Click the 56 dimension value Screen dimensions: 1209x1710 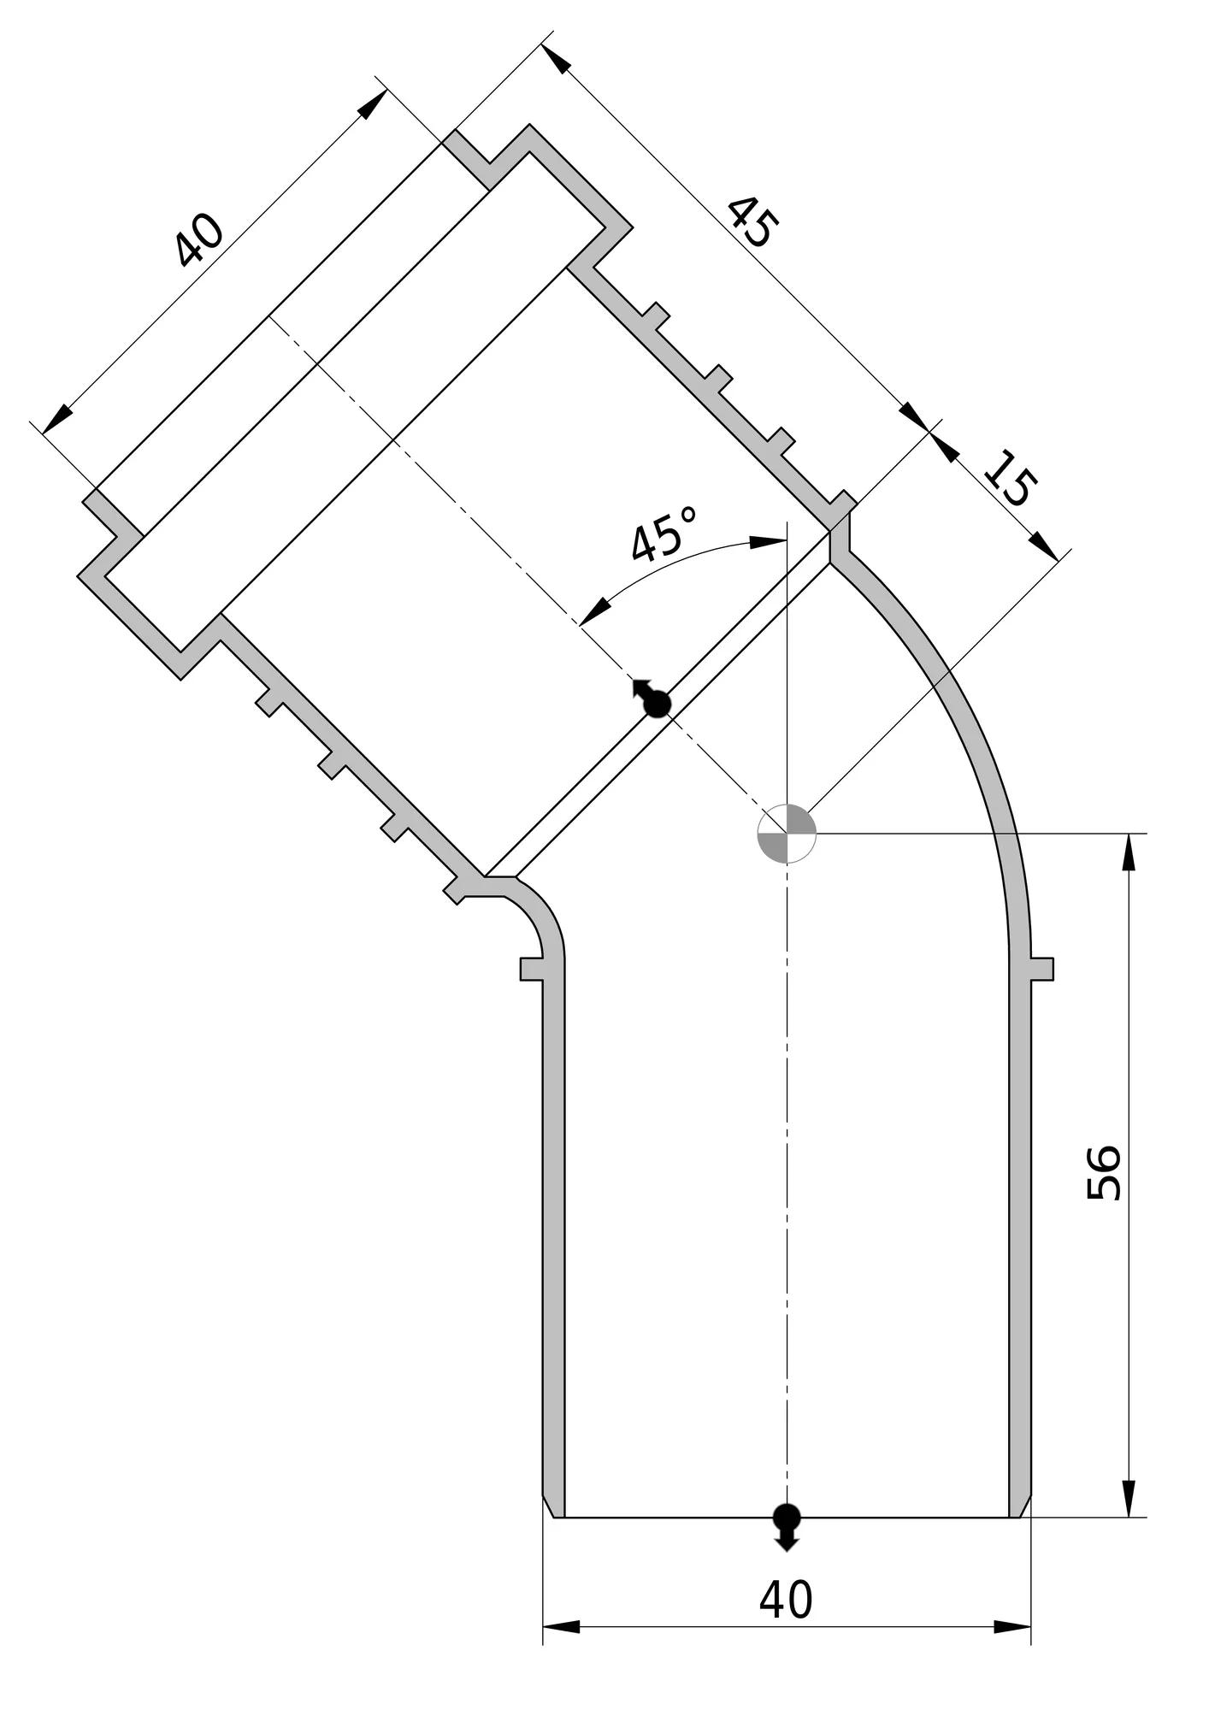[x=1103, y=1172]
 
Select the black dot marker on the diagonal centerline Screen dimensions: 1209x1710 [x=652, y=699]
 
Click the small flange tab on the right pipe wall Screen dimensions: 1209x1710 [x=1042, y=969]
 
